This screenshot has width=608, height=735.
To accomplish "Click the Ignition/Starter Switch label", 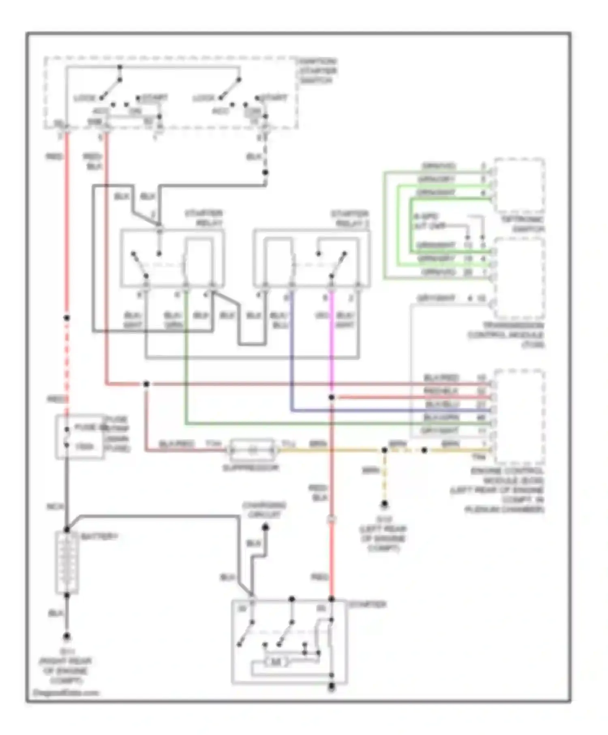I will tap(317, 71).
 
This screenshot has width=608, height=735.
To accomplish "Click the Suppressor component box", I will tap(252, 450).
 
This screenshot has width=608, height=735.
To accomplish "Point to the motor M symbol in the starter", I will tap(276, 662).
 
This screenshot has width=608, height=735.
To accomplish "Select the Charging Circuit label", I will tap(264, 510).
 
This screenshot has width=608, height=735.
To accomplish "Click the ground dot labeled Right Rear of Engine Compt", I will tap(67, 637).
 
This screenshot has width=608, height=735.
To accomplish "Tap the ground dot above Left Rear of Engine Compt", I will tap(384, 504).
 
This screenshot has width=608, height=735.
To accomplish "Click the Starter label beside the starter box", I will tap(367, 604).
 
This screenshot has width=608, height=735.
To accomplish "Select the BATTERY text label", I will tap(99, 536).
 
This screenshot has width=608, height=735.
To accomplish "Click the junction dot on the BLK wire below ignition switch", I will tap(265, 173).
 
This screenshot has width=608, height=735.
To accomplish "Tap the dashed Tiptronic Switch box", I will tap(519, 185).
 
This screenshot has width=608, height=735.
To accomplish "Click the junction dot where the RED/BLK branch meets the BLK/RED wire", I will tap(146, 384).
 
